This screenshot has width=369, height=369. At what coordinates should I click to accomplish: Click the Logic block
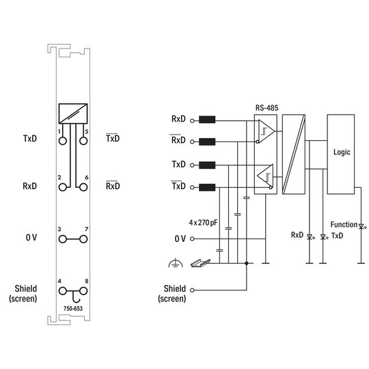pos(341,154)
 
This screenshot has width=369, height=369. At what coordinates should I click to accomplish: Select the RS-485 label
pos(267,108)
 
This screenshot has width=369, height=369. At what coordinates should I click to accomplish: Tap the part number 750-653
pos(73,308)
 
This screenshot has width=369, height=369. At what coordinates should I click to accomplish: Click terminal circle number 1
pos(63,141)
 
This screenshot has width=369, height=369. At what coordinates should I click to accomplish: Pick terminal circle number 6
pos(83,187)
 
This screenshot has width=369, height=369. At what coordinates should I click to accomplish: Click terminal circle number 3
pos(63,239)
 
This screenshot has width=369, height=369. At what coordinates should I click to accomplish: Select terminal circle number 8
pos(83,291)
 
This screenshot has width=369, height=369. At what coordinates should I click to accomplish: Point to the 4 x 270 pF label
pos(203,222)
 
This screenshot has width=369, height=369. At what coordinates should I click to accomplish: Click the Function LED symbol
pos(361,227)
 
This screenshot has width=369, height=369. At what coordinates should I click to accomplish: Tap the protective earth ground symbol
pos(176,263)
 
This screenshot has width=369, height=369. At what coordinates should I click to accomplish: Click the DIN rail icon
pos(200,263)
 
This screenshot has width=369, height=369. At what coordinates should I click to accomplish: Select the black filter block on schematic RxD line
pos(207,120)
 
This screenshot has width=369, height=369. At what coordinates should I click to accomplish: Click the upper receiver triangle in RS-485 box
pos(266,131)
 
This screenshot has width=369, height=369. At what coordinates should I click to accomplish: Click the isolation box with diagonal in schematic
pos(294,154)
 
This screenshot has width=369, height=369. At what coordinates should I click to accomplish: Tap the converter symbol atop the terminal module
pos(73,113)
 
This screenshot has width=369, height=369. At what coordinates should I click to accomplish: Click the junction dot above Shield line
pos(247,263)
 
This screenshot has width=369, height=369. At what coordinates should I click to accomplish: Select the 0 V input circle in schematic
pos(192,239)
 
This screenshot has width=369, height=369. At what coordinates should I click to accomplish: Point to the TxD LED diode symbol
pos(324,236)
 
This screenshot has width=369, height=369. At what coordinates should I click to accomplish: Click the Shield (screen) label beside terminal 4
pos(23,293)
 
